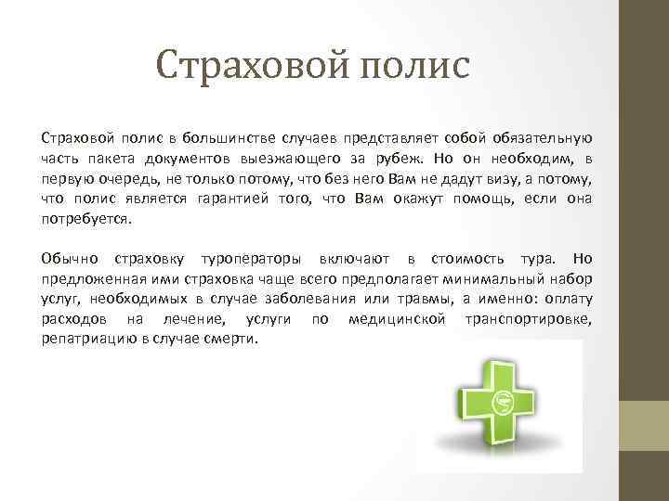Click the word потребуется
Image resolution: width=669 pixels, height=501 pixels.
(87, 220)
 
